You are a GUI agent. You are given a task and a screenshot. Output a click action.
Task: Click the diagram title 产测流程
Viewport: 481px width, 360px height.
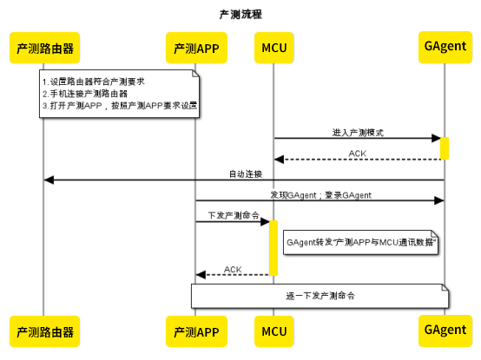[x=240, y=15]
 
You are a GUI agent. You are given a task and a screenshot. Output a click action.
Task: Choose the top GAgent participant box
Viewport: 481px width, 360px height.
[x=444, y=44]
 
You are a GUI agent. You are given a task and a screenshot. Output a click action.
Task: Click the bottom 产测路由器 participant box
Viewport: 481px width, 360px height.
[x=43, y=331]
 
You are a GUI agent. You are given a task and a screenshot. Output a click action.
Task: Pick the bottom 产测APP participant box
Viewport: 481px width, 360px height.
[x=195, y=331]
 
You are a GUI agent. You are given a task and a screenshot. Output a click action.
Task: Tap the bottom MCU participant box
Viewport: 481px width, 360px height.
[x=273, y=331]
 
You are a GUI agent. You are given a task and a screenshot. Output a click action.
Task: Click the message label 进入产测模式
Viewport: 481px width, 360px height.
[x=358, y=133]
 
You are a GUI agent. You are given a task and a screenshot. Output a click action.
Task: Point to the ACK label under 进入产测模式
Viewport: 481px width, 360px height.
[x=357, y=154]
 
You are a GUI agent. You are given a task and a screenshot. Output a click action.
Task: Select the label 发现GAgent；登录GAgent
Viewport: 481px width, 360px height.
[x=320, y=195]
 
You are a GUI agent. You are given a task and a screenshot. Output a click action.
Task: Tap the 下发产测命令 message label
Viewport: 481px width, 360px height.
[x=233, y=215]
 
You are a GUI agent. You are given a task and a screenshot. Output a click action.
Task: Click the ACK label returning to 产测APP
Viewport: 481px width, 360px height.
[x=233, y=269]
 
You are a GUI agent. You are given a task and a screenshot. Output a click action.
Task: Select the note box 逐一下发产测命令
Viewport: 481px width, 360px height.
[x=320, y=296]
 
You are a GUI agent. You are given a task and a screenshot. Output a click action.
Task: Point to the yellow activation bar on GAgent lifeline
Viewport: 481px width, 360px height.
[x=445, y=148]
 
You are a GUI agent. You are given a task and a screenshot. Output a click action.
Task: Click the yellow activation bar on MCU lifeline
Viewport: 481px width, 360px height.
[x=273, y=248]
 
